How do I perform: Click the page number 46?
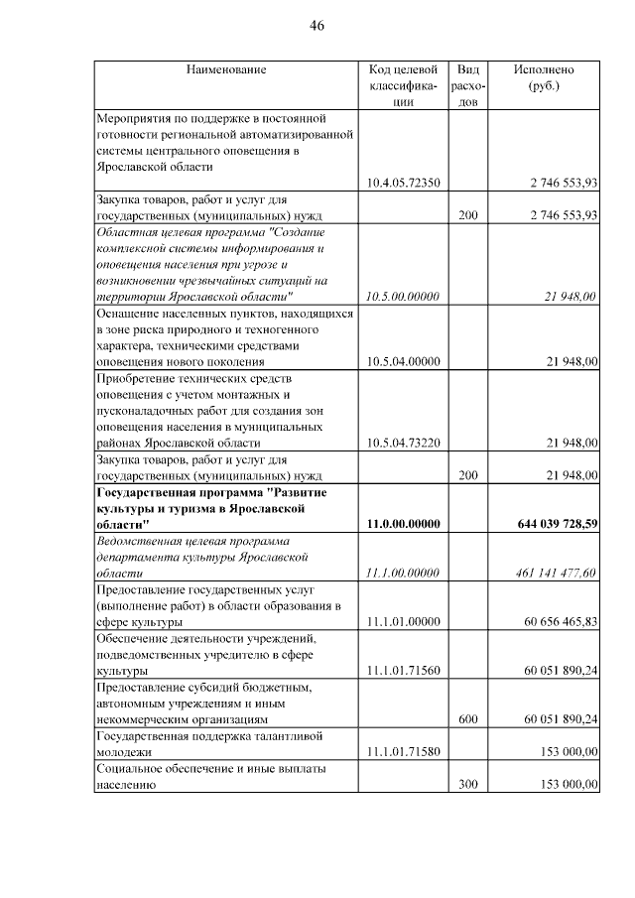click(x=317, y=25)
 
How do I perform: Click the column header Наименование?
click(x=226, y=69)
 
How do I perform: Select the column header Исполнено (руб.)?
click(x=544, y=77)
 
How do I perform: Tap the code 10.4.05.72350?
click(x=402, y=183)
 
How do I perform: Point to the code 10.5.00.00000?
click(x=402, y=297)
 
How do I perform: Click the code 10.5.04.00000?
click(x=402, y=362)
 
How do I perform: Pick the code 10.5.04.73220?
click(x=402, y=443)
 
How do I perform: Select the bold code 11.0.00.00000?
click(x=402, y=524)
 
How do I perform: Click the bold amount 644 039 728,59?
click(x=558, y=524)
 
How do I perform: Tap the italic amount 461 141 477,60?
click(x=557, y=573)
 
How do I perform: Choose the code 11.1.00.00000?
click(x=402, y=573)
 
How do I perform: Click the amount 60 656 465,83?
click(x=562, y=621)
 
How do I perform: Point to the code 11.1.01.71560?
click(x=402, y=671)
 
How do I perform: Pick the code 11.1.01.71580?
click(x=402, y=752)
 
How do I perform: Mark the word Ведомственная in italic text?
click(x=139, y=541)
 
